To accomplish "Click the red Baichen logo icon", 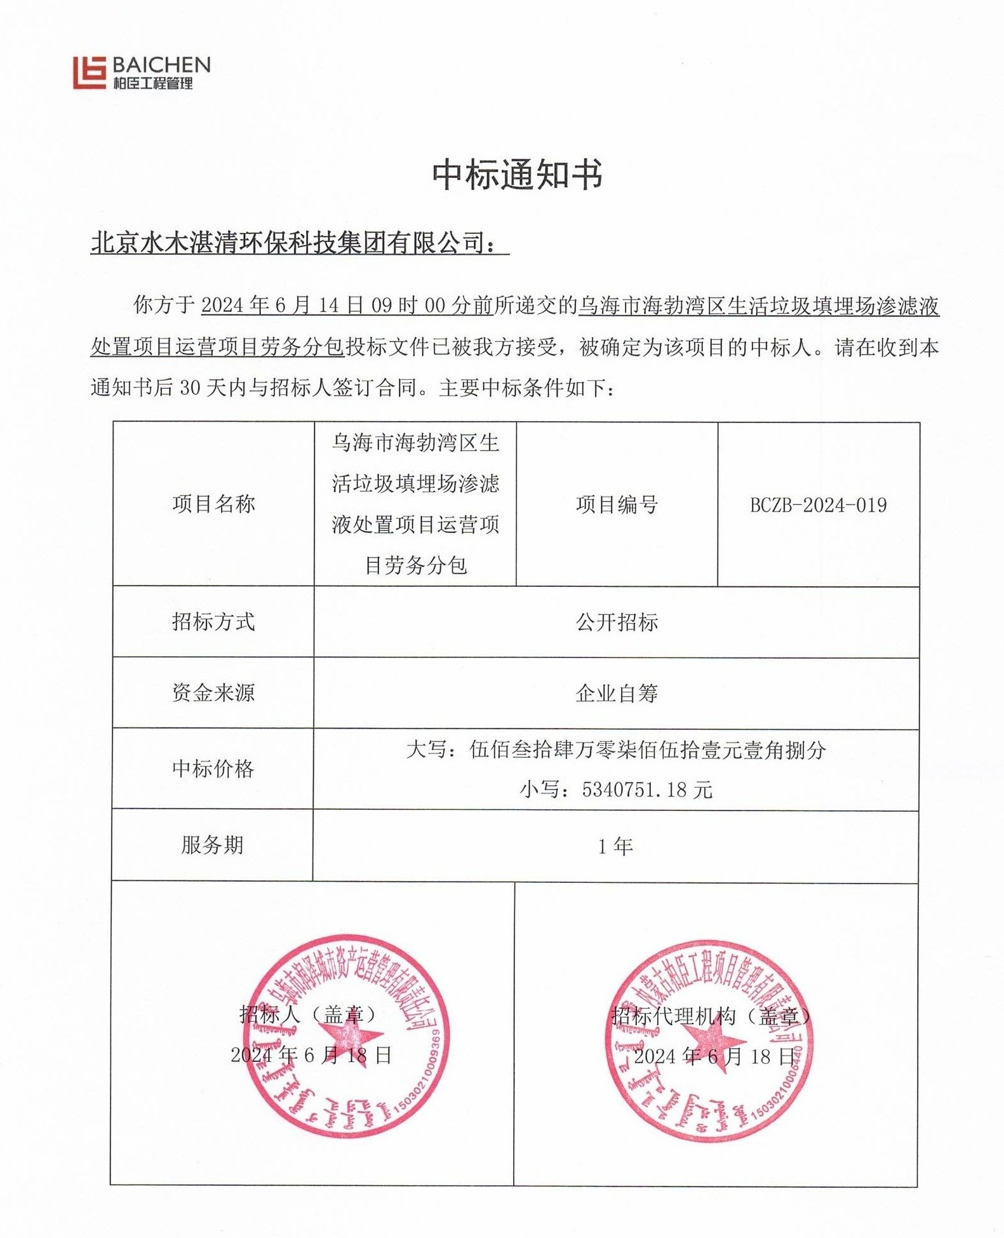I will (89, 72).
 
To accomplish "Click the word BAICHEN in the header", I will (161, 64).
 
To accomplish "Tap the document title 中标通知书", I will (517, 175).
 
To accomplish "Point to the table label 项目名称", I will (213, 504).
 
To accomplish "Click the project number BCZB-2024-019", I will (818, 506).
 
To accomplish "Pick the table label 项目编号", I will (617, 505).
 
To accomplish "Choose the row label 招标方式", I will (213, 622).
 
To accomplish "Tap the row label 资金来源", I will (213, 693).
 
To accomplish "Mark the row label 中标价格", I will (213, 769).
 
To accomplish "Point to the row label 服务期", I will (212, 845).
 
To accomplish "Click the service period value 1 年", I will (615, 847).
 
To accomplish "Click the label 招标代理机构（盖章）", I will (711, 1016).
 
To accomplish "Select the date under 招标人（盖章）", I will (311, 1055).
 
